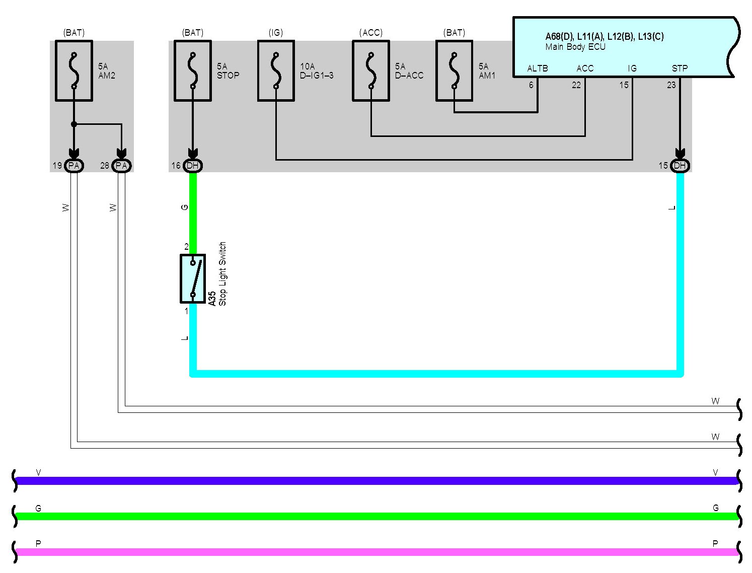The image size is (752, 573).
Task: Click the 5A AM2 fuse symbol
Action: pyautogui.click(x=74, y=71)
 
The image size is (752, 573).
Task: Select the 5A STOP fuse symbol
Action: pyautogui.click(x=193, y=71)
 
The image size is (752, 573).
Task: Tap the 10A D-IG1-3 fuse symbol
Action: pyautogui.click(x=276, y=71)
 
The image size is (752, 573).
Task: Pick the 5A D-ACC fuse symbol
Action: pyautogui.click(x=371, y=71)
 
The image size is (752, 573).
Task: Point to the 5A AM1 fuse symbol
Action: pyautogui.click(x=454, y=71)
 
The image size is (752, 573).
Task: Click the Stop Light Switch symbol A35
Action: pyautogui.click(x=193, y=278)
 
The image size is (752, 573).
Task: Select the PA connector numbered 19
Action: pyautogui.click(x=74, y=166)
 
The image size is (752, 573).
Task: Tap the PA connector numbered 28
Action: pyautogui.click(x=121, y=166)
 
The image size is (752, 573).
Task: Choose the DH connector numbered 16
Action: pyautogui.click(x=193, y=166)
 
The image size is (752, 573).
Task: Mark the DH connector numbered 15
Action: pyautogui.click(x=680, y=166)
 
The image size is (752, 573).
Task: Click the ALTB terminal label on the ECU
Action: pyautogui.click(x=537, y=68)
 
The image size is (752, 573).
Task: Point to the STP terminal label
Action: pyautogui.click(x=680, y=68)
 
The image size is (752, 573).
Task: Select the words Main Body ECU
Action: pyautogui.click(x=575, y=47)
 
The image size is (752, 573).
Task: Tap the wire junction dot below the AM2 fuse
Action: pyautogui.click(x=74, y=124)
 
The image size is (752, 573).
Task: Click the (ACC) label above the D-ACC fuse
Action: pyautogui.click(x=371, y=33)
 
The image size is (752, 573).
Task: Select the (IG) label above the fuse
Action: pyautogui.click(x=276, y=33)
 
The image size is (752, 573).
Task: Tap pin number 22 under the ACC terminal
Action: pyautogui.click(x=576, y=85)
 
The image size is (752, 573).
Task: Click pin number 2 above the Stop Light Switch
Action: pyautogui.click(x=186, y=247)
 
